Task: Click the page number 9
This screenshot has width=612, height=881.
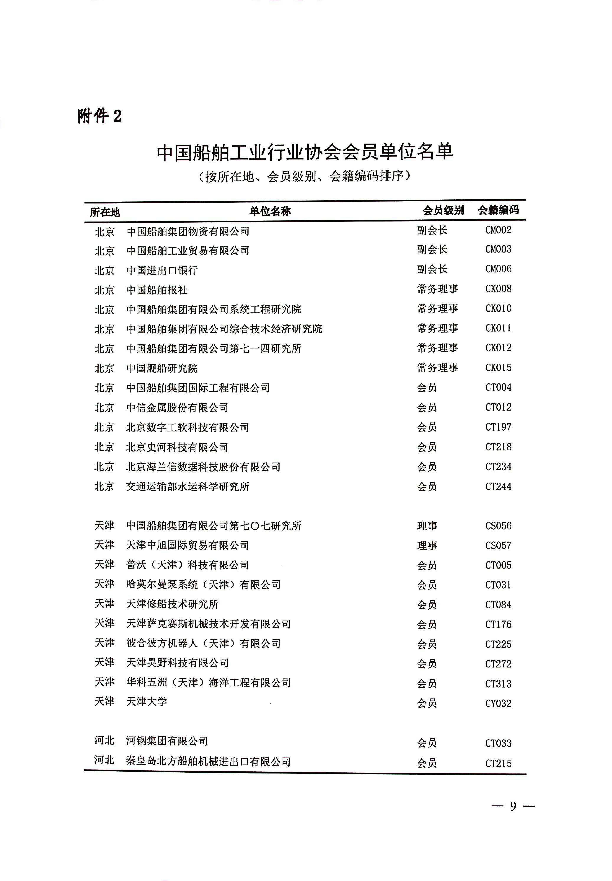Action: click(x=513, y=806)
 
